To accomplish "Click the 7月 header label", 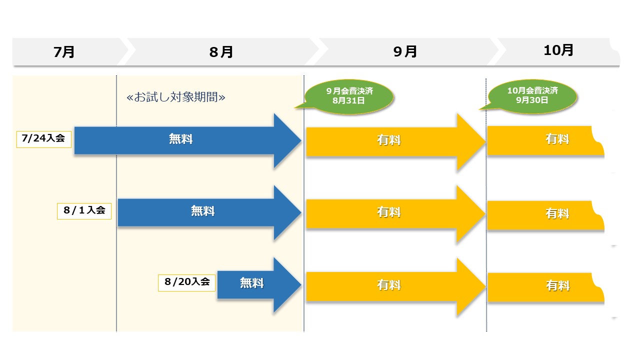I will pos(64,52).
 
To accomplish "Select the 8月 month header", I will pos(221,52).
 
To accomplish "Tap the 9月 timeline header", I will pos(405,52).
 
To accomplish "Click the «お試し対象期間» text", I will pos(176,97).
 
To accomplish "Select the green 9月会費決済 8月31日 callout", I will pos(349,95).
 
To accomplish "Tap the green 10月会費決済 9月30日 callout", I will pos(532,95).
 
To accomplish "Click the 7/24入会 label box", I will pos(44,138).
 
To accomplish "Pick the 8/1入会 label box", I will pos(84,210).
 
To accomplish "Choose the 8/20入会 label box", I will pos(186,282).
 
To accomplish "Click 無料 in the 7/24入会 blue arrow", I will pos(180,139).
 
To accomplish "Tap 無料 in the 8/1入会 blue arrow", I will pos(202,211).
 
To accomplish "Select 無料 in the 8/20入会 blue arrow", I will pos(251,283).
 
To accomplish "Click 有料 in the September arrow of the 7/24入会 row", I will pos(388,140).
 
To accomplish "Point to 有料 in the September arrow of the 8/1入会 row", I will pos(388,212).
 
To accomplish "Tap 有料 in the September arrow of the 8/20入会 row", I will pos(388,285).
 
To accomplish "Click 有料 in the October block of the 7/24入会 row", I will pos(557,139).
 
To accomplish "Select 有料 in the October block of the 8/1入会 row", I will pos(557,213).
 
